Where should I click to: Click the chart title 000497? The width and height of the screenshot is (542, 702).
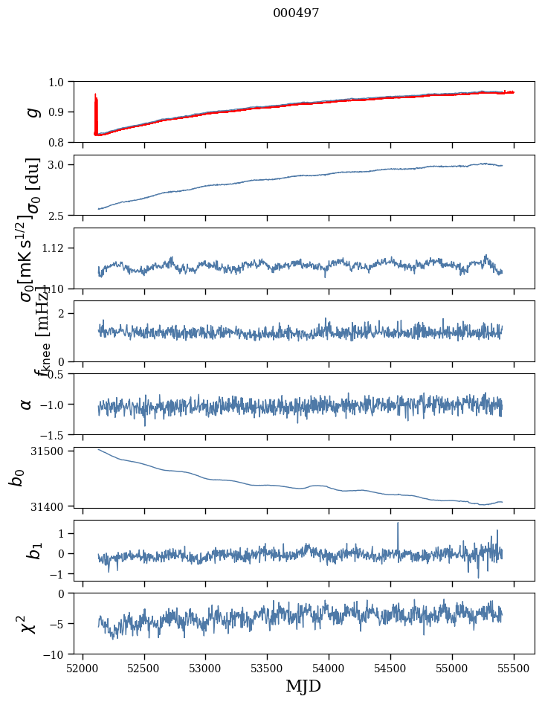coord(296,13)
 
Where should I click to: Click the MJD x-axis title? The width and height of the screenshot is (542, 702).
coord(303,686)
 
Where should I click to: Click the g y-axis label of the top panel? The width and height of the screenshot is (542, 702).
coord(32,112)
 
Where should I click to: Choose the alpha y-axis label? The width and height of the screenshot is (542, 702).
coord(27,404)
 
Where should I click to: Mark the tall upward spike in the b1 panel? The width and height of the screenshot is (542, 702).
coord(398,525)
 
